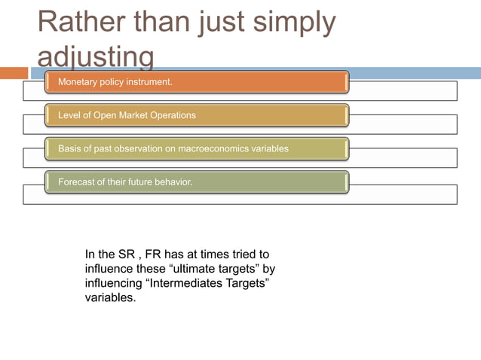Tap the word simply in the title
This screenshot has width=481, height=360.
click(x=290, y=23)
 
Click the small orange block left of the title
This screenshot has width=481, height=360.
click(x=14, y=73)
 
